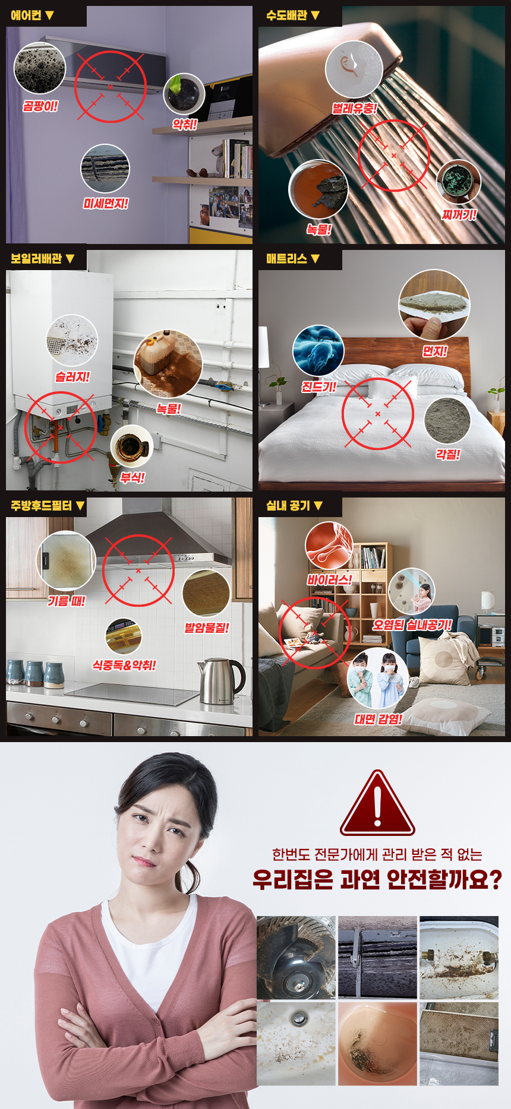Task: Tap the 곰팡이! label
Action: coord(40,106)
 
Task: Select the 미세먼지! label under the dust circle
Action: coord(106,204)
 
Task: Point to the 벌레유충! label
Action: coord(354,108)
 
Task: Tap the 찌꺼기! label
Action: coord(459,214)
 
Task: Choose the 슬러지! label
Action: coord(72,377)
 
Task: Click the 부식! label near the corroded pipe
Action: coord(133,477)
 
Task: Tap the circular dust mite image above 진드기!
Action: coord(318,351)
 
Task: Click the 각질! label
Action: coord(448,454)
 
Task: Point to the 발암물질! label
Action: coord(207,628)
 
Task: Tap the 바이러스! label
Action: coord(330,579)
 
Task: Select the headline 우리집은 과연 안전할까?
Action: coord(377,879)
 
